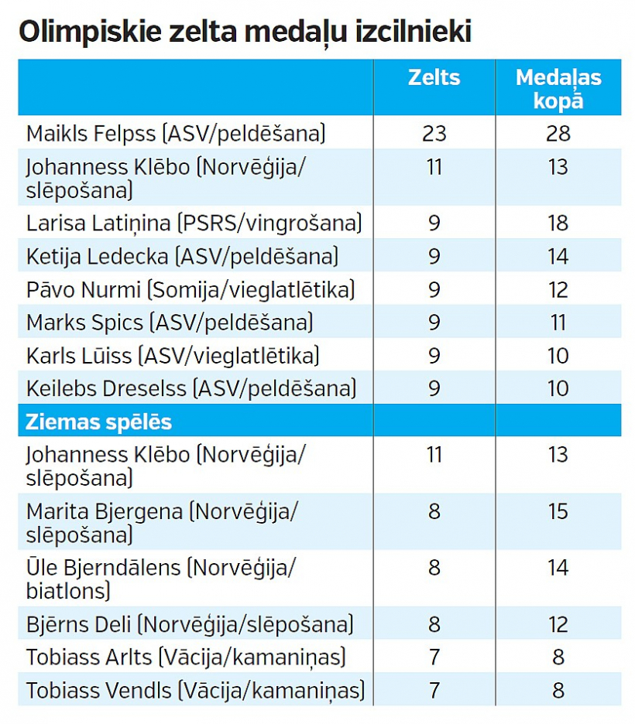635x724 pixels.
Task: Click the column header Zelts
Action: (x=434, y=77)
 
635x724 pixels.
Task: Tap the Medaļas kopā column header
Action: (x=558, y=88)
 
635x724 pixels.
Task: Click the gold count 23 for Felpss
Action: (x=434, y=133)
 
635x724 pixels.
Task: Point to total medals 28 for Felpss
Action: (x=558, y=133)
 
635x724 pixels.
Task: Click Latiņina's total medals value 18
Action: (x=558, y=224)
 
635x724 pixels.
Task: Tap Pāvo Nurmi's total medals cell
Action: (x=558, y=289)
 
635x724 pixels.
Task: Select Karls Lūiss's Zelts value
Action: (x=434, y=355)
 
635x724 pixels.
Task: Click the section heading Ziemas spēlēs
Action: (x=99, y=422)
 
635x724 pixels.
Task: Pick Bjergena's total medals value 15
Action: (x=558, y=511)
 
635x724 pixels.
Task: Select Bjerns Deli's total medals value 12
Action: (x=558, y=624)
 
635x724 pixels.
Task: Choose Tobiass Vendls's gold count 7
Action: (x=434, y=690)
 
